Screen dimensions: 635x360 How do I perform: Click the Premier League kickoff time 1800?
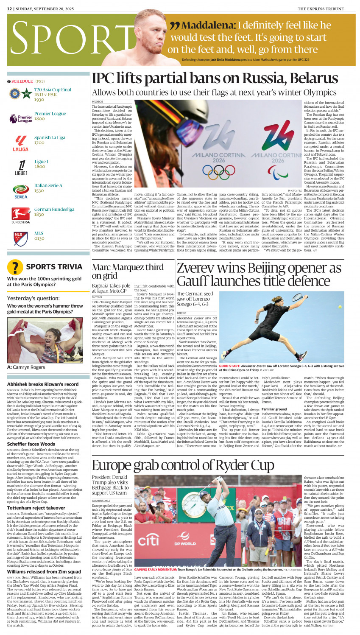[39, 119]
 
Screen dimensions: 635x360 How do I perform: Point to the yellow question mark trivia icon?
[15, 267]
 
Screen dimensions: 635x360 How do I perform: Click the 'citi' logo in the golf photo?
[148, 540]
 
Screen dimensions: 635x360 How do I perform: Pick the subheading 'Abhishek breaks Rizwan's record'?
[43, 384]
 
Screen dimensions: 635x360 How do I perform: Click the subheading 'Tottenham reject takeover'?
[36, 508]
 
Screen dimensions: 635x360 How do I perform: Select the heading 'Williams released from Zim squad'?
[44, 572]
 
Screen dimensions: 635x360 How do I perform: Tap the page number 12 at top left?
[9, 9]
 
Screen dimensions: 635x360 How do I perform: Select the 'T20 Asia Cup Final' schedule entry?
[53, 90]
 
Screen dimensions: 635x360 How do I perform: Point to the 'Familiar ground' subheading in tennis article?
[274, 410]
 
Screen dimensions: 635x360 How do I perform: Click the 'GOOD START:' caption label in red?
[229, 366]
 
